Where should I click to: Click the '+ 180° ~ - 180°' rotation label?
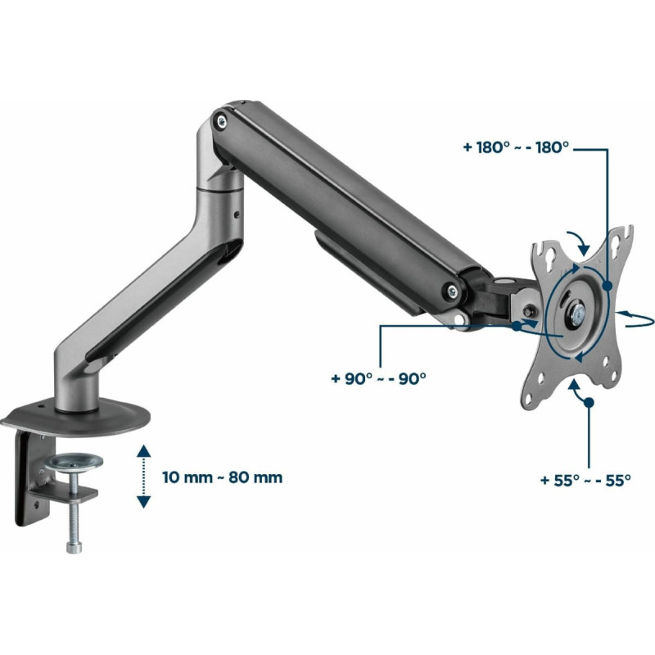tap(516, 147)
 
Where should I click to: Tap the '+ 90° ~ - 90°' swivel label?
tap(378, 378)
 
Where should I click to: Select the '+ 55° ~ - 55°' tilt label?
tap(585, 480)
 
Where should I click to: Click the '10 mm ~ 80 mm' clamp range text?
tap(222, 477)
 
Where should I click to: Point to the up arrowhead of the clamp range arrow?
tap(144, 450)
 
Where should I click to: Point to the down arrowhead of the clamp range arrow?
tap(144, 502)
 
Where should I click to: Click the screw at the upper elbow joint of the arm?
tap(221, 122)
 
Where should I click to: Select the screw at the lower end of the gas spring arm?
tap(451, 291)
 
